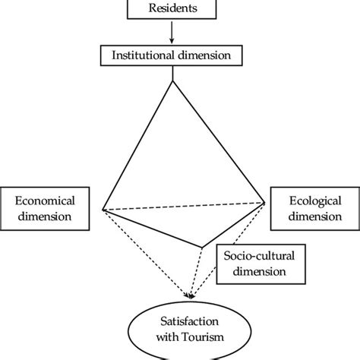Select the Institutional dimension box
175,55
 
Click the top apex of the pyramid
174,81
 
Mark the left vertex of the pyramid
103,209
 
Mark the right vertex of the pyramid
265,201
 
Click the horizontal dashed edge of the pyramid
184,205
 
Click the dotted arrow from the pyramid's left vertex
144,251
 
